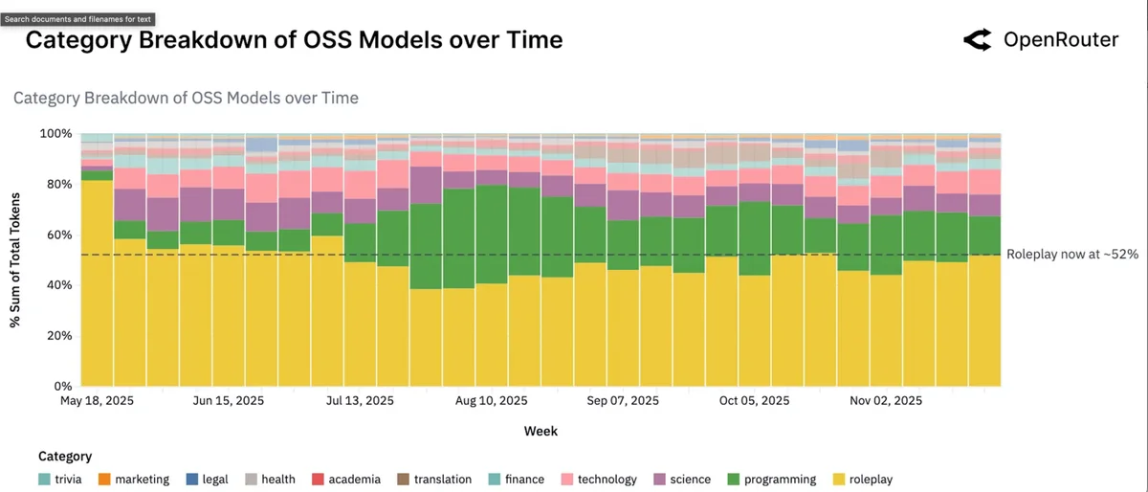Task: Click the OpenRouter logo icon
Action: [x=977, y=39]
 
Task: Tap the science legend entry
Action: [x=683, y=480]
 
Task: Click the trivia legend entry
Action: [x=64, y=480]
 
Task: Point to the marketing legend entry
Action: [x=134, y=480]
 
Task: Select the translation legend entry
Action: [x=433, y=480]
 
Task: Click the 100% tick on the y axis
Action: [x=56, y=134]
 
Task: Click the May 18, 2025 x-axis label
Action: [x=97, y=401]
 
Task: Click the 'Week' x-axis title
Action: [x=541, y=432]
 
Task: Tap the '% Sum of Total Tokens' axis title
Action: [x=16, y=259]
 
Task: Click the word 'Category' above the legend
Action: [x=65, y=457]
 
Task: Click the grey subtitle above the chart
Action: [x=186, y=98]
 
